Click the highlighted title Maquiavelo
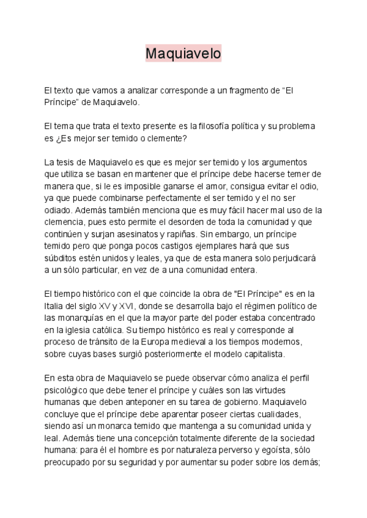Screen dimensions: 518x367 pos(183,54)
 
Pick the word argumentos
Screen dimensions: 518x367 pos(287,162)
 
